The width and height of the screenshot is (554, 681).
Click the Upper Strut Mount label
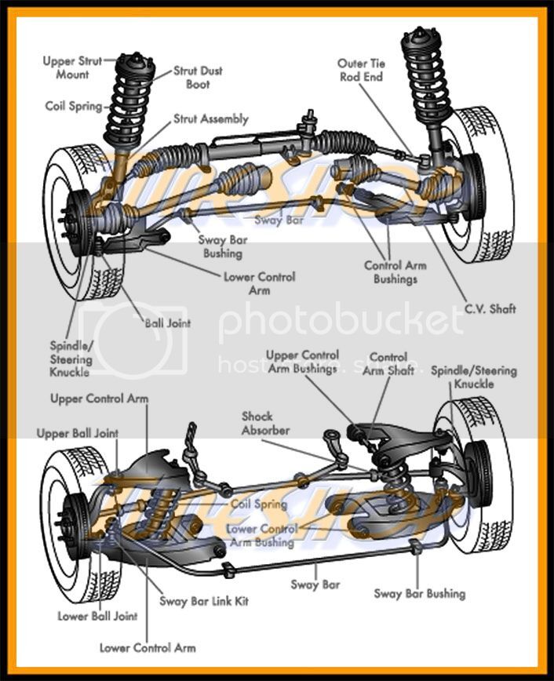point(72,67)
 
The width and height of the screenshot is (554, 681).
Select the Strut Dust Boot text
point(198,77)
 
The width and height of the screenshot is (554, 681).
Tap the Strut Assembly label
point(210,119)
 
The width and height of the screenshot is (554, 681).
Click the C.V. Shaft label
point(490,308)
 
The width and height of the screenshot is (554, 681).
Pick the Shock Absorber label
point(265,424)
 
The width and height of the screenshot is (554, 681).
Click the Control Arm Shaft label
point(388,363)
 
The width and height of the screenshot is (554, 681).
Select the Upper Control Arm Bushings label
point(302,362)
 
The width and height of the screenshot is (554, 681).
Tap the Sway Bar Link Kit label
point(204,601)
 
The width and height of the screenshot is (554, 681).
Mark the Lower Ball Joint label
point(97,616)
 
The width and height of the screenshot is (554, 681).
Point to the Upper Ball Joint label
point(78,433)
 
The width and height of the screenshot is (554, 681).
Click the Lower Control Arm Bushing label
point(261,535)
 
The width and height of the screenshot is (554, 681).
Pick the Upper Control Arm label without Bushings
point(99,399)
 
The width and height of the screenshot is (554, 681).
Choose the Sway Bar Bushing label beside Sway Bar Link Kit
point(419,593)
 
